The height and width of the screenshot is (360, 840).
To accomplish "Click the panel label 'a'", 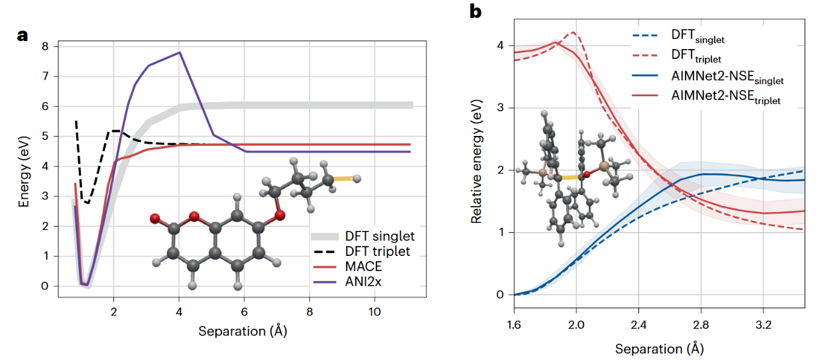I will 23,36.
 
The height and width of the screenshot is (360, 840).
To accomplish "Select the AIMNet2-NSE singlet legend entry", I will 727,80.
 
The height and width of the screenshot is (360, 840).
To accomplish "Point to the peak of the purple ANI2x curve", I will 179,52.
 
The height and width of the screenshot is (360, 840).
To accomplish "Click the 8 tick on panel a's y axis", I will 45,46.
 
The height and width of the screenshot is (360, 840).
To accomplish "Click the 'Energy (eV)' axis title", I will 24,167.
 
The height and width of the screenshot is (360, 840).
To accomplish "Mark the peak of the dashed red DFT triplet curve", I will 573,32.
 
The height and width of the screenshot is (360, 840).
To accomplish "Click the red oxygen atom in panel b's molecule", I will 585,175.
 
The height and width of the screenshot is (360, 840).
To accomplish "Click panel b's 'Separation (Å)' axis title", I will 659,348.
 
